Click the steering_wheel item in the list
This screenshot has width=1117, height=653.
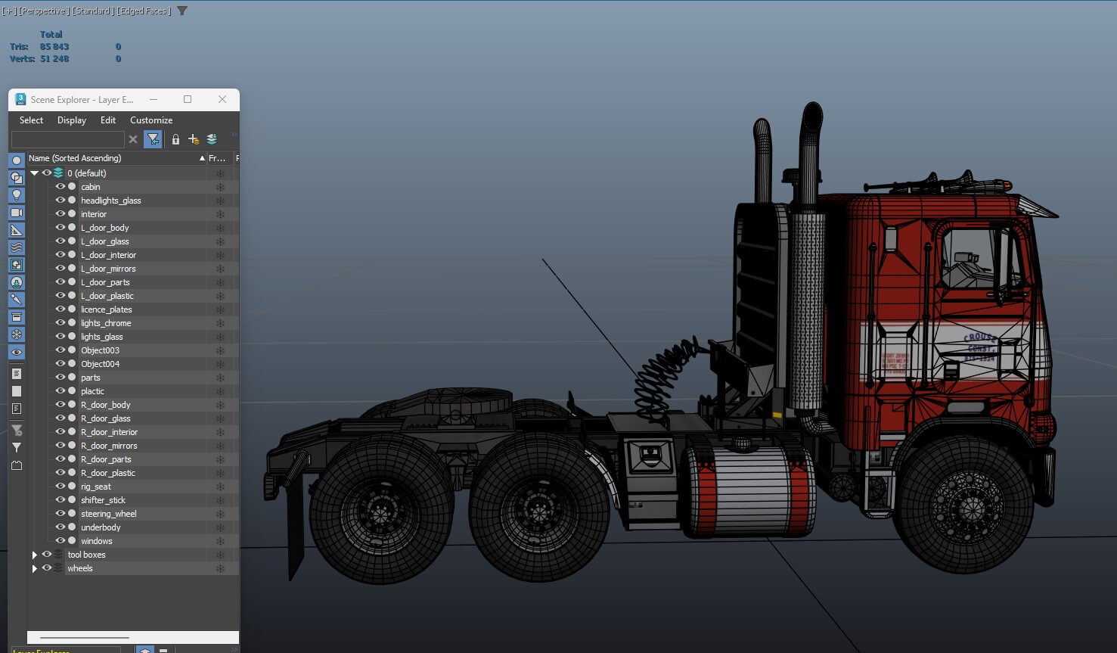click(108, 514)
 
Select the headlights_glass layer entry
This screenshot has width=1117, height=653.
click(110, 201)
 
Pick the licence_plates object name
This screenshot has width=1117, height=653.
click(106, 309)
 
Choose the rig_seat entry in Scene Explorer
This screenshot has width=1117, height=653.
click(95, 487)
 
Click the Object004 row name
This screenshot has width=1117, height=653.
click(100, 364)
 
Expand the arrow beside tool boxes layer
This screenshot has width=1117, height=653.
click(35, 555)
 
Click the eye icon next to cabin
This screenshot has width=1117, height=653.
click(60, 187)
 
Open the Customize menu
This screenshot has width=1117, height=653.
click(150, 120)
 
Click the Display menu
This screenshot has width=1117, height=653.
click(72, 120)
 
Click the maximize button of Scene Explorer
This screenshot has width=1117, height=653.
click(188, 99)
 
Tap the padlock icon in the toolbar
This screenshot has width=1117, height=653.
click(175, 139)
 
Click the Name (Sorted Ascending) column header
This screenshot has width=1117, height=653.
click(74, 158)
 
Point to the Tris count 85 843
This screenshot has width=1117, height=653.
click(54, 47)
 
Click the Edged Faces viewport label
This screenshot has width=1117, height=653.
click(144, 11)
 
